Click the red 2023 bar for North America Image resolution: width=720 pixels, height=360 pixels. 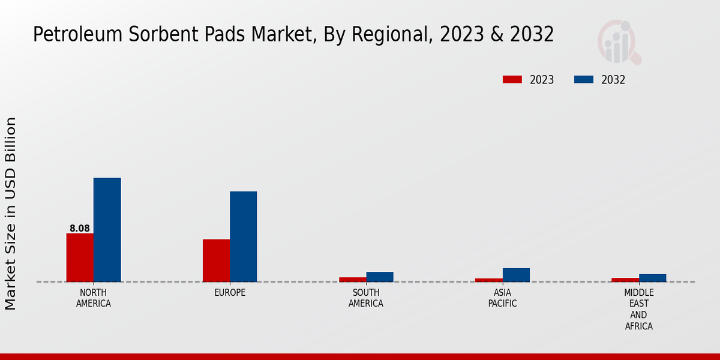(x=80, y=257)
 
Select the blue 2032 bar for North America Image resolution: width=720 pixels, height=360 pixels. (x=107, y=230)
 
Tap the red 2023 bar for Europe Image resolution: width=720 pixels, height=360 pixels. (x=216, y=260)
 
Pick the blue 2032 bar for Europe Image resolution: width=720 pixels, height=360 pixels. (x=243, y=236)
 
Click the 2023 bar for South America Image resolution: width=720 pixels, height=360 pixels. (x=352, y=279)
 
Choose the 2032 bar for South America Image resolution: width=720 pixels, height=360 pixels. (x=380, y=277)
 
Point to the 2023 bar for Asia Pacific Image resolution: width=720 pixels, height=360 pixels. (x=488, y=280)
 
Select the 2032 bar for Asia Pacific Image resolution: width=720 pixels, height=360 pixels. (x=516, y=275)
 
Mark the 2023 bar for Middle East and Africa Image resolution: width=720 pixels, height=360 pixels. (x=625, y=280)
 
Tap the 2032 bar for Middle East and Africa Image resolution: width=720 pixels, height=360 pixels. (x=652, y=278)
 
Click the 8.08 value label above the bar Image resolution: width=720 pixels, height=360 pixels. (x=80, y=229)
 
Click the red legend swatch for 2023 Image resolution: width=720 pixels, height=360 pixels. (x=512, y=80)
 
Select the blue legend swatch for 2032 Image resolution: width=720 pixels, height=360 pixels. (x=584, y=80)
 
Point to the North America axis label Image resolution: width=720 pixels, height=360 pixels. (x=94, y=298)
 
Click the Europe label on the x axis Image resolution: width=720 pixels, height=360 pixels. (x=230, y=293)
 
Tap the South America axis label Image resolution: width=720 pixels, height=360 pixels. (x=366, y=298)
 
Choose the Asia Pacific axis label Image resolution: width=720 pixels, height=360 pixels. (x=502, y=298)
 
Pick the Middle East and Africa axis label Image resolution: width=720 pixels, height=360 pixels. (x=638, y=310)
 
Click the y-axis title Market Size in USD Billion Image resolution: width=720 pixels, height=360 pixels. (x=11, y=214)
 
